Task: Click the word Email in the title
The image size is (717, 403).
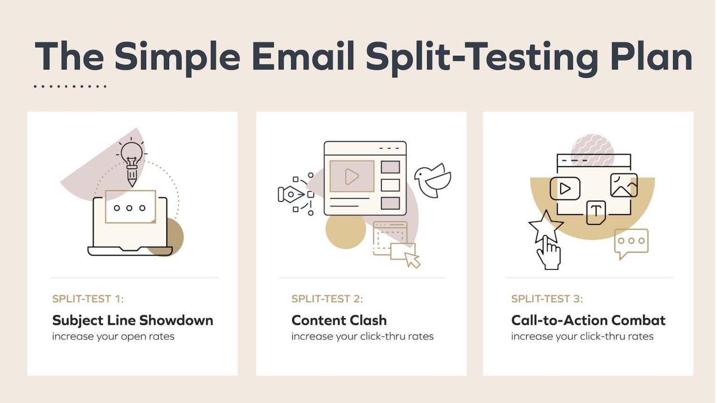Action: (303, 56)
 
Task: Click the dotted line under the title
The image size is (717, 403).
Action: (70, 86)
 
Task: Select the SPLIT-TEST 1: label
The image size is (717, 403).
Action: (88, 299)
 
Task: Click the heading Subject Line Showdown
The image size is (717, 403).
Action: (133, 320)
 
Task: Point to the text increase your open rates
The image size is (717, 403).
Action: (113, 336)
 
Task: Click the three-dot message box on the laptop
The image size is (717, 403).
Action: (130, 207)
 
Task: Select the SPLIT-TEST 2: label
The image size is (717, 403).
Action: (327, 299)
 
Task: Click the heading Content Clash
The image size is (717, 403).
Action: (339, 320)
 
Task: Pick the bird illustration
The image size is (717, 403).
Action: (433, 180)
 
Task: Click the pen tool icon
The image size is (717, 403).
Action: (291, 194)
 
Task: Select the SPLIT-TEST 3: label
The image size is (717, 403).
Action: (547, 299)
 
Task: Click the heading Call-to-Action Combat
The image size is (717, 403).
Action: (588, 320)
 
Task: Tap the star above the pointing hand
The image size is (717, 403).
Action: (545, 226)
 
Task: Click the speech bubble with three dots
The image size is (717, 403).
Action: (631, 242)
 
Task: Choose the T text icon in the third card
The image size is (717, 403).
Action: (596, 212)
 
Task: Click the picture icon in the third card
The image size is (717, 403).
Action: (624, 185)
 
